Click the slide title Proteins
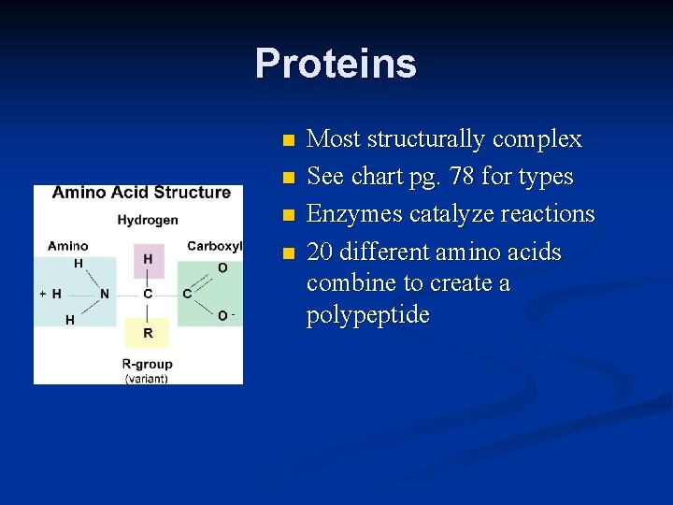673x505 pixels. coord(336,64)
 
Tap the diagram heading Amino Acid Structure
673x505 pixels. coord(141,193)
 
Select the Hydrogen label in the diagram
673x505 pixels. coord(147,221)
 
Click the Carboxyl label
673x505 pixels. coord(214,246)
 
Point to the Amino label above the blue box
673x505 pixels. coord(68,246)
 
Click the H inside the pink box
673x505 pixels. coord(148,259)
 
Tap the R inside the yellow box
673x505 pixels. coord(148,333)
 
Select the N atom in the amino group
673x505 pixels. coord(105,294)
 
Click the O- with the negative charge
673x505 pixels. coord(224,316)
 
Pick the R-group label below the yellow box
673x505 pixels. coord(147,363)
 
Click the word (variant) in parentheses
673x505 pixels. coord(147,378)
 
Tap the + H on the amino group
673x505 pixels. coord(50,294)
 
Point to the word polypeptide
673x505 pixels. coord(368,315)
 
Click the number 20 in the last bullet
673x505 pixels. coord(319,252)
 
